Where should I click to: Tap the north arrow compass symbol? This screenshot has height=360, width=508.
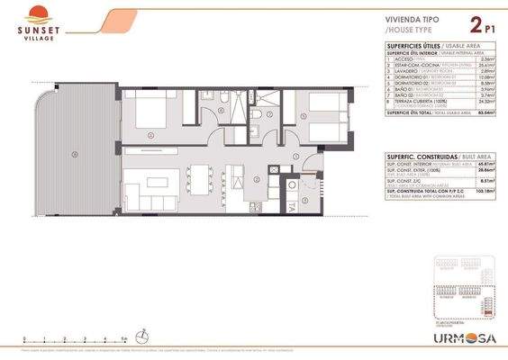click(x=142, y=336)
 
